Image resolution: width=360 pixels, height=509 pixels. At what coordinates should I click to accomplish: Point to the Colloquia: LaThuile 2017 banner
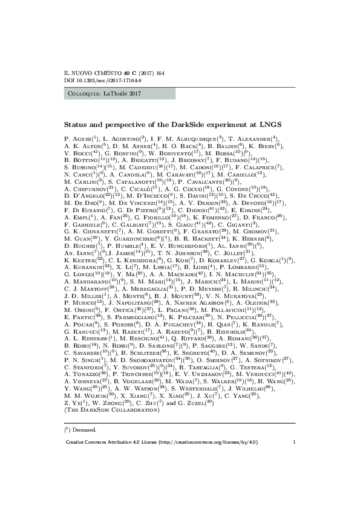pyautogui.click(x=119, y=94)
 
